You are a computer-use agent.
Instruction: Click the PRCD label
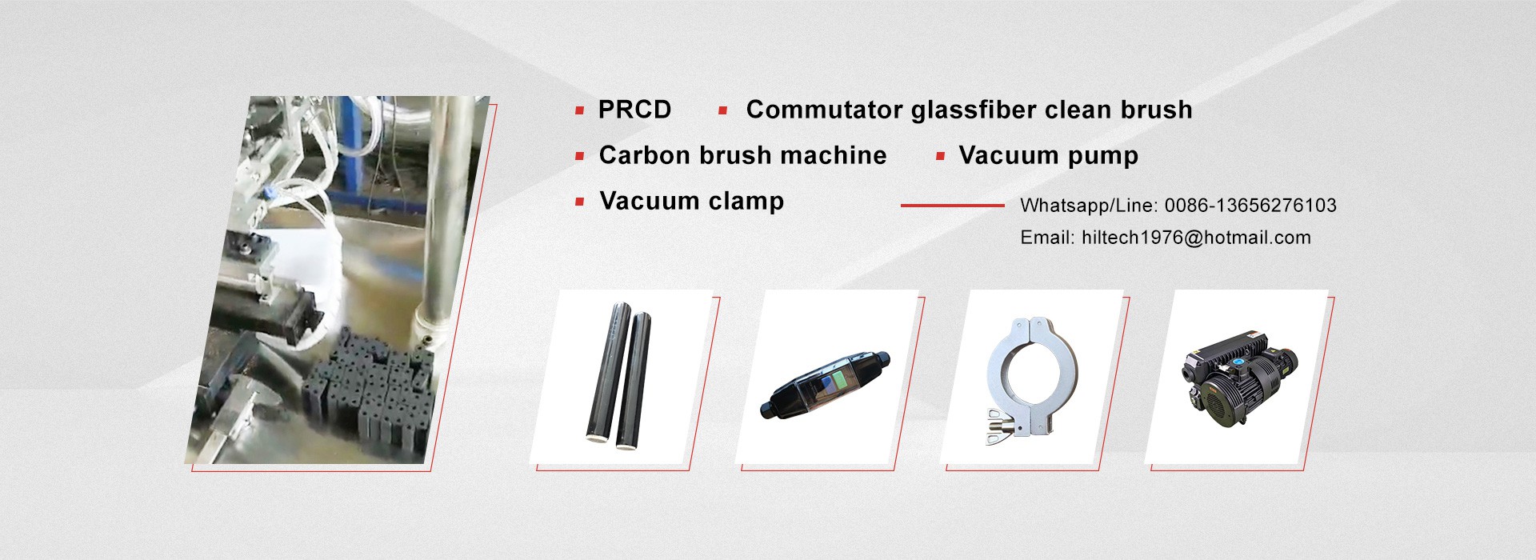634,110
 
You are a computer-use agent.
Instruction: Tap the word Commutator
824,110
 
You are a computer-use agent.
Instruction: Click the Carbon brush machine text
742,155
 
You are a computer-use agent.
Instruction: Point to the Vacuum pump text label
1048,156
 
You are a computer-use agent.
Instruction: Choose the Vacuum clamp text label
691,201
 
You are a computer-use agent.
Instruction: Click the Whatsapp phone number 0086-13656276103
1250,206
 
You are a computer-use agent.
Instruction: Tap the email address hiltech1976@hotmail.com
1196,238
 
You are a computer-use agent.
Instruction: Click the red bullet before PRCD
579,111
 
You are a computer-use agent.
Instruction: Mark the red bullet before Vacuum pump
940,157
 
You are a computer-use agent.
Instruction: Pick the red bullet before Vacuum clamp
579,202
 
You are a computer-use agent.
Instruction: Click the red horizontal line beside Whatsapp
952,206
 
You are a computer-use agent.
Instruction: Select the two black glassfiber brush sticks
618,374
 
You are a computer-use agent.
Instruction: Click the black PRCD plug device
824,385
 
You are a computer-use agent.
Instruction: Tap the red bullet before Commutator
722,111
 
